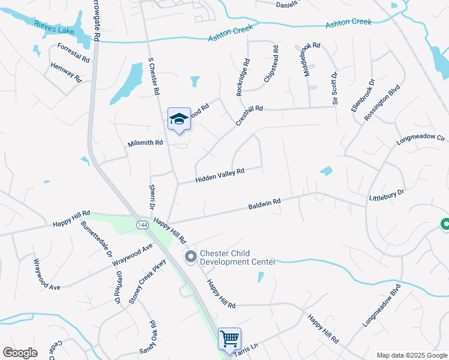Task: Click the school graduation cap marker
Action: coord(179,119)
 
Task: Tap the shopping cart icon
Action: coord(229,339)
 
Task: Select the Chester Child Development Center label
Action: coord(237,257)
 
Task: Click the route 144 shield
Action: coord(142,224)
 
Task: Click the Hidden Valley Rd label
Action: coord(220,176)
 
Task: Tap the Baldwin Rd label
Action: coord(265,205)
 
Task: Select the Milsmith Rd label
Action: coord(145,143)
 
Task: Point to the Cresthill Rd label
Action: coord(249,113)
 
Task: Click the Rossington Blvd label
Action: coord(382,101)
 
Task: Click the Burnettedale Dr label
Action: coord(97,242)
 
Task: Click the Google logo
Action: coord(20,353)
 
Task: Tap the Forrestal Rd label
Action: coord(73,53)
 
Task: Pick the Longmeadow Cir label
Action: coord(420,140)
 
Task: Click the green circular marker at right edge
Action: coord(445,225)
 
